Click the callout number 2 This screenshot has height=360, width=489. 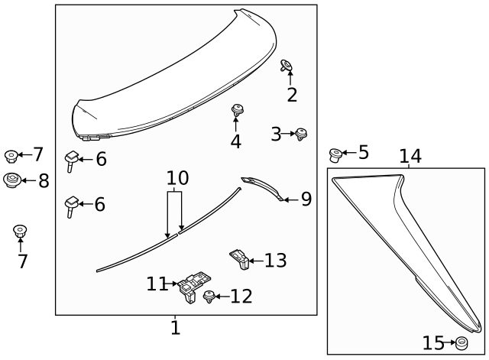(x=292, y=95)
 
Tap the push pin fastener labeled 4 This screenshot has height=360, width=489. (x=237, y=112)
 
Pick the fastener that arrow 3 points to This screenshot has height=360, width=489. (x=302, y=135)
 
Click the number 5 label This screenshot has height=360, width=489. (x=363, y=152)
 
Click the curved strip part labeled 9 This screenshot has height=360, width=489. (x=264, y=186)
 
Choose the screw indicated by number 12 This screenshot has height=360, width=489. (x=209, y=297)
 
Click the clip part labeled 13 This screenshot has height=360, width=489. (x=239, y=259)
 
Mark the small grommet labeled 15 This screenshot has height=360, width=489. (x=461, y=342)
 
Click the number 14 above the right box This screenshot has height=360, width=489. (x=410, y=157)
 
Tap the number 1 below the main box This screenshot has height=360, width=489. (x=175, y=328)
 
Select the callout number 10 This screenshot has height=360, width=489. (x=177, y=179)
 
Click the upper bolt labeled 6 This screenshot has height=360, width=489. (x=72, y=159)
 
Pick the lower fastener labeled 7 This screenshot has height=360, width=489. (x=21, y=231)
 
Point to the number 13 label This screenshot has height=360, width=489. (x=275, y=261)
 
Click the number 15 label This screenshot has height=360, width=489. (x=433, y=342)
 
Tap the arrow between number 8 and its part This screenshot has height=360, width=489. (x=27, y=181)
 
